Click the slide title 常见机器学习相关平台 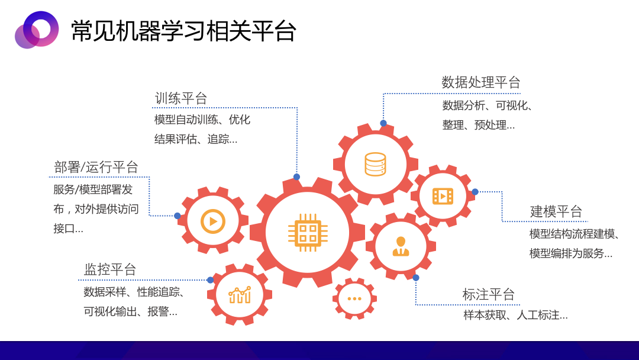(x=183, y=31)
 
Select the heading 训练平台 (x=181, y=98)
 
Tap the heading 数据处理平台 (x=481, y=82)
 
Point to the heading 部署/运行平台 (x=96, y=167)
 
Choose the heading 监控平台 (x=110, y=269)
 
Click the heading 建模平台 (x=556, y=211)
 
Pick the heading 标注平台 (x=489, y=294)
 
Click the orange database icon (x=375, y=164)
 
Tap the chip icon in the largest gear (x=308, y=232)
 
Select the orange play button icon (x=213, y=221)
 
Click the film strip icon (x=443, y=196)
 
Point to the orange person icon (x=401, y=246)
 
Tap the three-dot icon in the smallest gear (x=354, y=298)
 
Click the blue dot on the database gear (x=383, y=123)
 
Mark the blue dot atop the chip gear (x=296, y=177)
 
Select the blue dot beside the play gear (x=177, y=216)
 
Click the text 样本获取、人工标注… (x=515, y=315)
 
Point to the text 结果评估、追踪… (x=196, y=139)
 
